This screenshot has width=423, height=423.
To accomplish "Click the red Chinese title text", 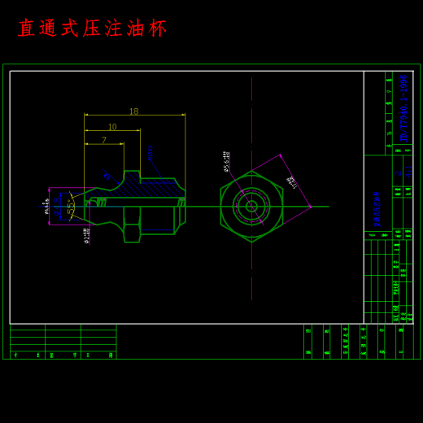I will pyautogui.click(x=92, y=28).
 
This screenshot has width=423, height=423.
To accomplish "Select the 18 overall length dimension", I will pyautogui.click(x=133, y=111).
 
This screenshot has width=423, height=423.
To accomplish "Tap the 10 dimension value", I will pyautogui.click(x=112, y=127).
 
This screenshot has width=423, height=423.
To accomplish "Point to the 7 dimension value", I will pyautogui.click(x=104, y=140).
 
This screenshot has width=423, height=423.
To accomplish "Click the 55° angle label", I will pyautogui.click(x=71, y=209).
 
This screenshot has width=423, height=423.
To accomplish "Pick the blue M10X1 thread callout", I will pyautogui.click(x=150, y=153).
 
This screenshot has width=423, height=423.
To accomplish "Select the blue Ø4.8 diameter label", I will pyautogui.click(x=107, y=175).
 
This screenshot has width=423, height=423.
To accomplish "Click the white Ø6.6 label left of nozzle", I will pyautogui.click(x=46, y=207).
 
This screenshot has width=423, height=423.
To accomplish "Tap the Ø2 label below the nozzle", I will pyautogui.click(x=87, y=235).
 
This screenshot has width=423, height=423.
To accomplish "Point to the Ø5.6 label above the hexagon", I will pyautogui.click(x=226, y=160).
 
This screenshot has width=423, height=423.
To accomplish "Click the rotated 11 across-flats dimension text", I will pyautogui.click(x=291, y=182).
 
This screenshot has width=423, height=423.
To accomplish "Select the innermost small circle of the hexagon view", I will pyautogui.click(x=251, y=206).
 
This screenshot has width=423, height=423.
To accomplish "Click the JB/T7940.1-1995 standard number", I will pyautogui.click(x=403, y=107).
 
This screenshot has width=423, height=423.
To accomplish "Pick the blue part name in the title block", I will pyautogui.click(x=377, y=208).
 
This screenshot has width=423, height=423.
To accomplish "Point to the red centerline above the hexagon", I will pyautogui.click(x=251, y=122).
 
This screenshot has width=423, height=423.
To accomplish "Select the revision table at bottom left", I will pyautogui.click(x=63, y=341).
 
